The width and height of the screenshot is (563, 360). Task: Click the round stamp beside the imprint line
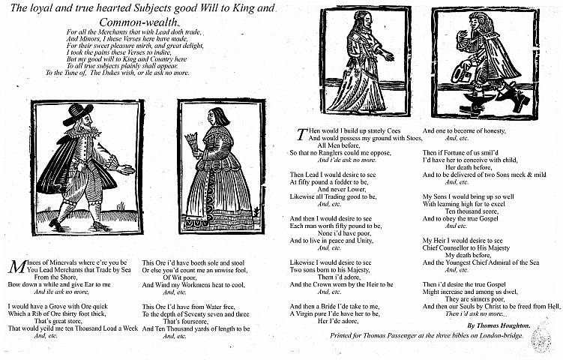(541, 340)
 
